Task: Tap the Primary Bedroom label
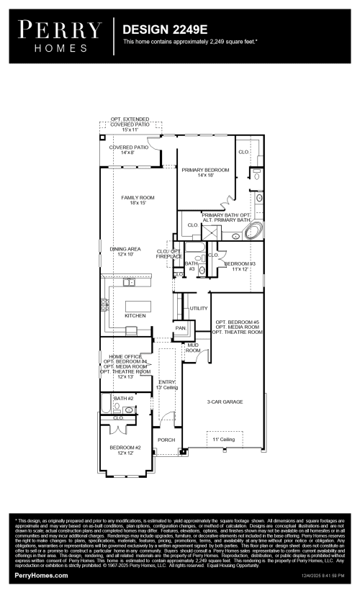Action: (205, 173)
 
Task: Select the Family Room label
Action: (138, 200)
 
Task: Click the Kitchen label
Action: (135, 315)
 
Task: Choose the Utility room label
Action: (199, 308)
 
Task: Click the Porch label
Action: (166, 439)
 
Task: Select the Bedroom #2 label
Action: (125, 450)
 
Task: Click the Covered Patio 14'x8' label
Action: (129, 150)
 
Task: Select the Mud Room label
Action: (193, 348)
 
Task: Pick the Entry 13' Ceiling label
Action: (167, 385)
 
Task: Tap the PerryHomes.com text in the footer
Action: (42, 576)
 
